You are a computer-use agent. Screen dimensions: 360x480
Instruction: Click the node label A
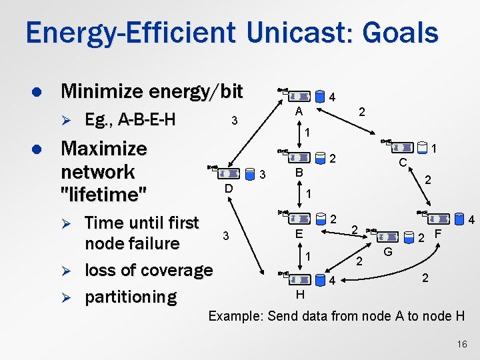point(300,111)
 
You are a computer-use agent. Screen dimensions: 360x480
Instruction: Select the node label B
point(299,173)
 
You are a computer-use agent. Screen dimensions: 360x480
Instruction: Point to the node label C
point(403,162)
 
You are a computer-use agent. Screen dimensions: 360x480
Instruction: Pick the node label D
point(228,189)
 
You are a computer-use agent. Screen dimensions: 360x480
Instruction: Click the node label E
point(300,234)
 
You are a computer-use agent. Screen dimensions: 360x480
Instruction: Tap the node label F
point(438,234)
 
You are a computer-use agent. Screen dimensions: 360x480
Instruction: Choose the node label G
point(387,251)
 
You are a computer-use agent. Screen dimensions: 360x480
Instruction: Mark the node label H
point(300,293)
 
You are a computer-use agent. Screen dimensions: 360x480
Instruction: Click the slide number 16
point(463,343)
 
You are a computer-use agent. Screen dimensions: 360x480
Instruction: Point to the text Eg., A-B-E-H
point(131,120)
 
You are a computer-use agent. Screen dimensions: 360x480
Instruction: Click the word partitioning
point(131,297)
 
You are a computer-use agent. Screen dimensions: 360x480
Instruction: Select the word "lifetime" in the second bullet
point(103,195)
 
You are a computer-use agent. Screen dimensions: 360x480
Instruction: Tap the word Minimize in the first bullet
point(103,91)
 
